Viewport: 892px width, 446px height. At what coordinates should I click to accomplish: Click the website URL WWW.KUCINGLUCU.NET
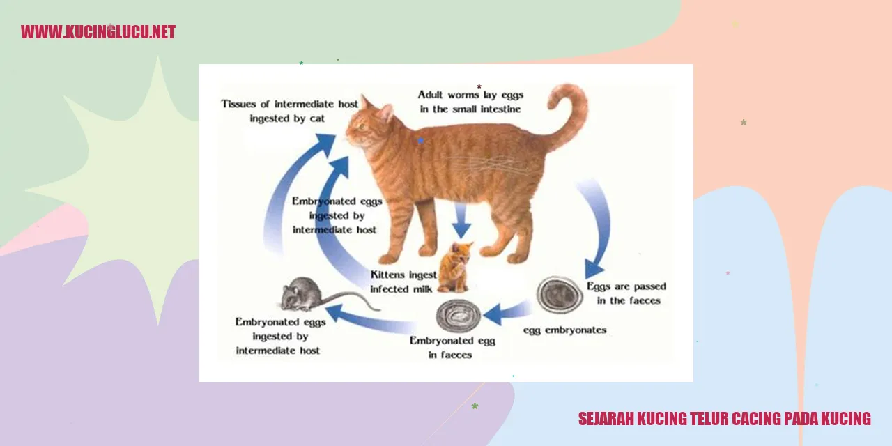click(98, 32)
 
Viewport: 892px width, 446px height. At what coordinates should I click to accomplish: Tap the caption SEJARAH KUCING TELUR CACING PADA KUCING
click(724, 419)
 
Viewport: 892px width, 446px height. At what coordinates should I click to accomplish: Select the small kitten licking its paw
click(455, 267)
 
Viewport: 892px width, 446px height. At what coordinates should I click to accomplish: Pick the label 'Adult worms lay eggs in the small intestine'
click(470, 102)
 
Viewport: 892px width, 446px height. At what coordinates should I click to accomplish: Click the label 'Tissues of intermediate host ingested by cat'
click(289, 111)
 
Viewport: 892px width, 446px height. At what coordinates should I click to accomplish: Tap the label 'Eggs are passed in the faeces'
click(626, 293)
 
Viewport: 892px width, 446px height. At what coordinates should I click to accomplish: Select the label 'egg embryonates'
click(564, 330)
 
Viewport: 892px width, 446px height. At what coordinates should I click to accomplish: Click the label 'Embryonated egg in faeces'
click(452, 348)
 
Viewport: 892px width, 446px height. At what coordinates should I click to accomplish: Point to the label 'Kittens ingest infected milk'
click(403, 282)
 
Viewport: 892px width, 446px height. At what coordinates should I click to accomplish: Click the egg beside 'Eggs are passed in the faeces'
click(560, 295)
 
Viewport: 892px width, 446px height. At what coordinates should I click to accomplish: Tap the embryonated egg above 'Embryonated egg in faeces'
click(459, 316)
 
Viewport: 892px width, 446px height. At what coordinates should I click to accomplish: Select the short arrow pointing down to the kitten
click(461, 221)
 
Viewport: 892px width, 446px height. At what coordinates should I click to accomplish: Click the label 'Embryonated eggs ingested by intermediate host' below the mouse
click(280, 336)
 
